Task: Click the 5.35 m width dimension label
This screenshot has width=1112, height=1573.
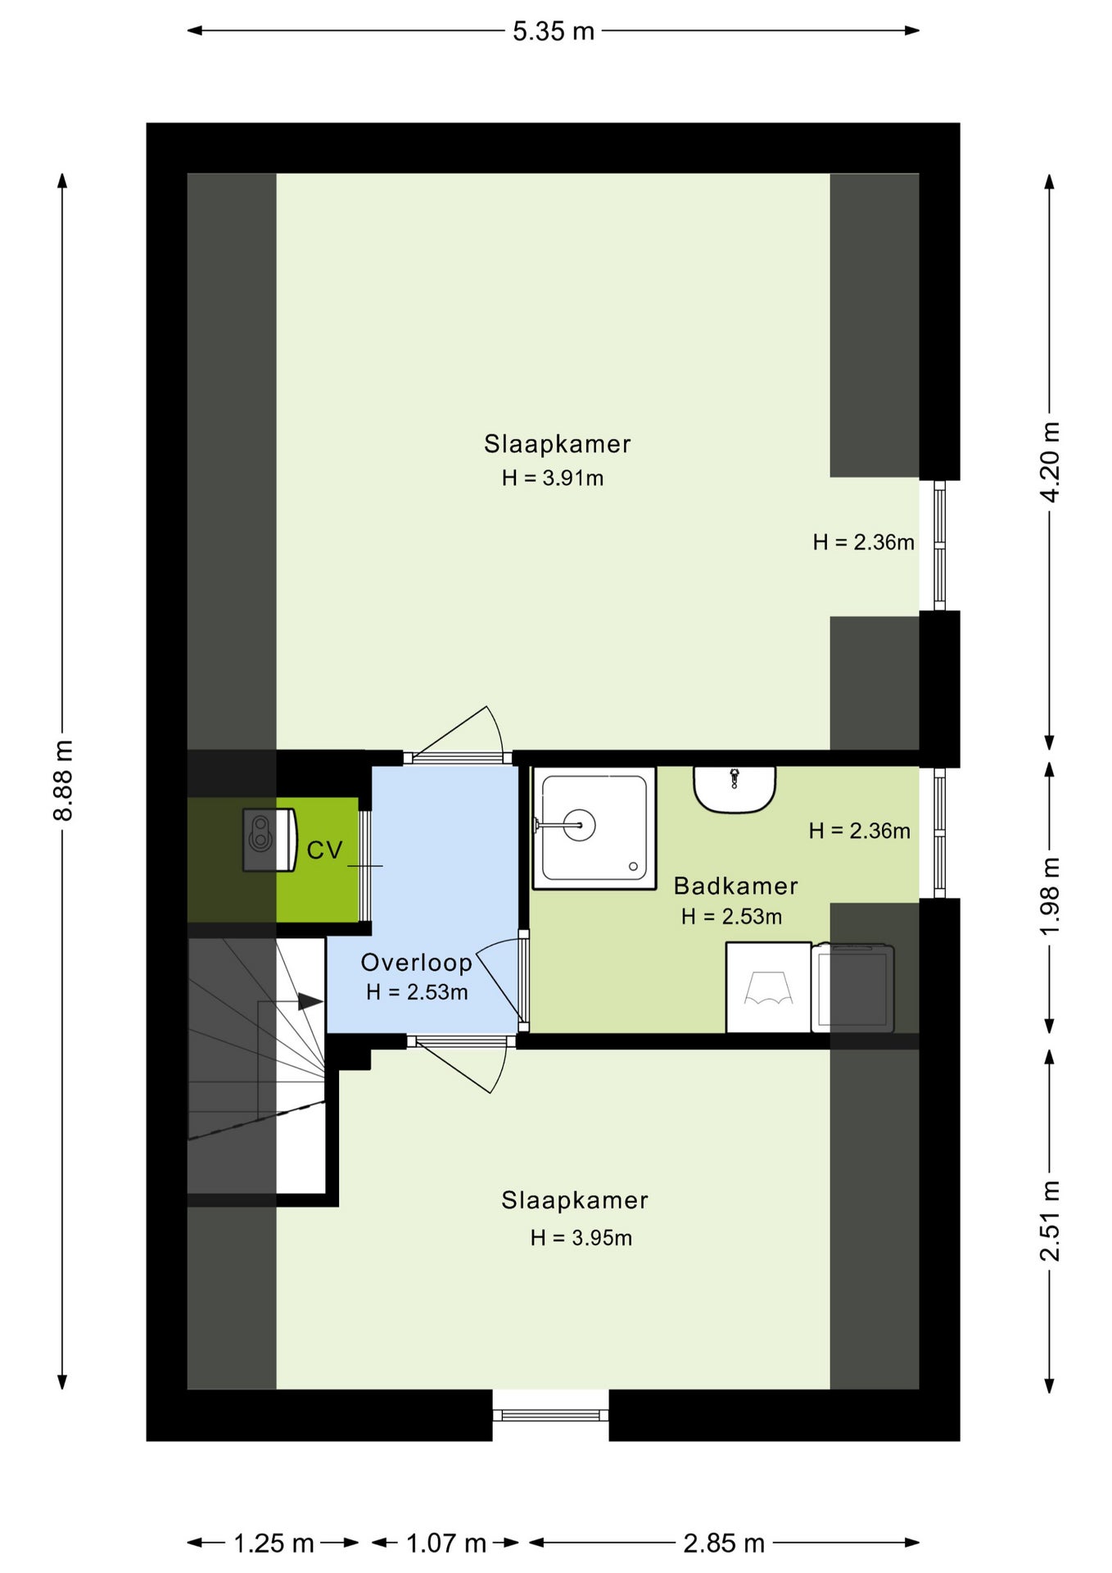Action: [x=554, y=31]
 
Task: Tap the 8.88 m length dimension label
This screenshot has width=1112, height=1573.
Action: [x=63, y=779]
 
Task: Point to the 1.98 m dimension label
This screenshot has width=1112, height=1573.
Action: [x=1049, y=896]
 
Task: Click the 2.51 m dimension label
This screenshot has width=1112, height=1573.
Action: [x=1049, y=1221]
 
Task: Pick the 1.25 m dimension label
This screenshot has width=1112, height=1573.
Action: [x=273, y=1544]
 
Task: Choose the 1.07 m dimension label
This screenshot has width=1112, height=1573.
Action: [x=446, y=1544]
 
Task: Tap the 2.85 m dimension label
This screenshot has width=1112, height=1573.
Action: [x=724, y=1544]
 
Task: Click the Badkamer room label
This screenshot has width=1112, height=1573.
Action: [x=735, y=886]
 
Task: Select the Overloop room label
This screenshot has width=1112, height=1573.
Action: [x=417, y=963]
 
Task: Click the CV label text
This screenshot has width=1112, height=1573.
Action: [x=324, y=850]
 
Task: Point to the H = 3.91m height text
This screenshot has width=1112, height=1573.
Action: [x=553, y=478]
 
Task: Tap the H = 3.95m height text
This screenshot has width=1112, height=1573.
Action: [x=581, y=1237]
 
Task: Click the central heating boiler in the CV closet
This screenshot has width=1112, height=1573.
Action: [x=269, y=840]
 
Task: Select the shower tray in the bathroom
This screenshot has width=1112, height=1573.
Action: [x=594, y=827]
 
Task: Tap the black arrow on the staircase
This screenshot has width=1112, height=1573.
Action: [x=310, y=1001]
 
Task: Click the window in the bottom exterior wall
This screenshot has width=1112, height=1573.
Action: [x=550, y=1415]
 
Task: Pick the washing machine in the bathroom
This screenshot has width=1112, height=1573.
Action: [x=769, y=987]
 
